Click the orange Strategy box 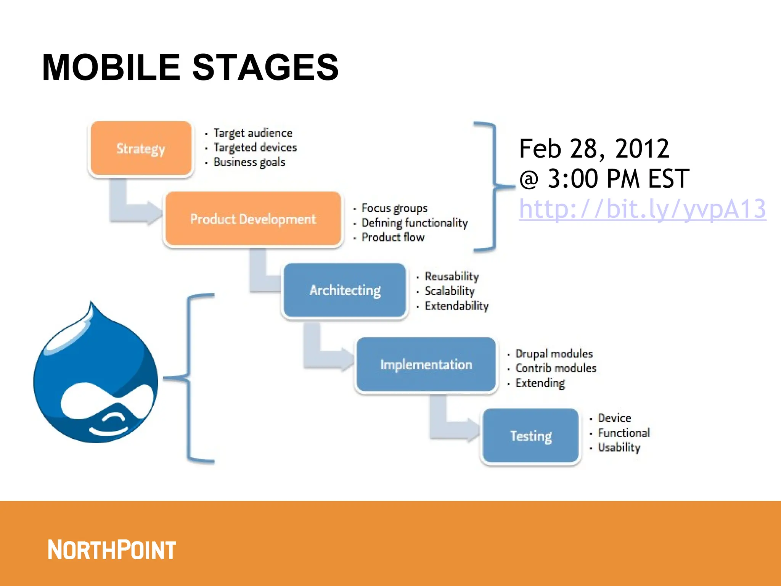coord(141,148)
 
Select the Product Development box coord(253,219)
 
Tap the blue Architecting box coord(345,290)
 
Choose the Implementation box coord(426,365)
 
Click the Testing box coord(531,436)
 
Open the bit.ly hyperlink coord(642,209)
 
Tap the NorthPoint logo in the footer coord(111,550)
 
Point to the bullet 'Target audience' coord(253,133)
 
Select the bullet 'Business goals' coord(249,162)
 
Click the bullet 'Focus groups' coord(394,208)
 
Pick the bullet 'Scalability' coord(449,291)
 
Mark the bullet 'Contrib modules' coord(555,368)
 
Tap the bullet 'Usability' coord(619,447)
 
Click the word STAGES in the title coord(265,68)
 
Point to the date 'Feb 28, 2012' coord(594,148)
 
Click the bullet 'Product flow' coord(393,237)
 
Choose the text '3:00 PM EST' coord(618,179)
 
